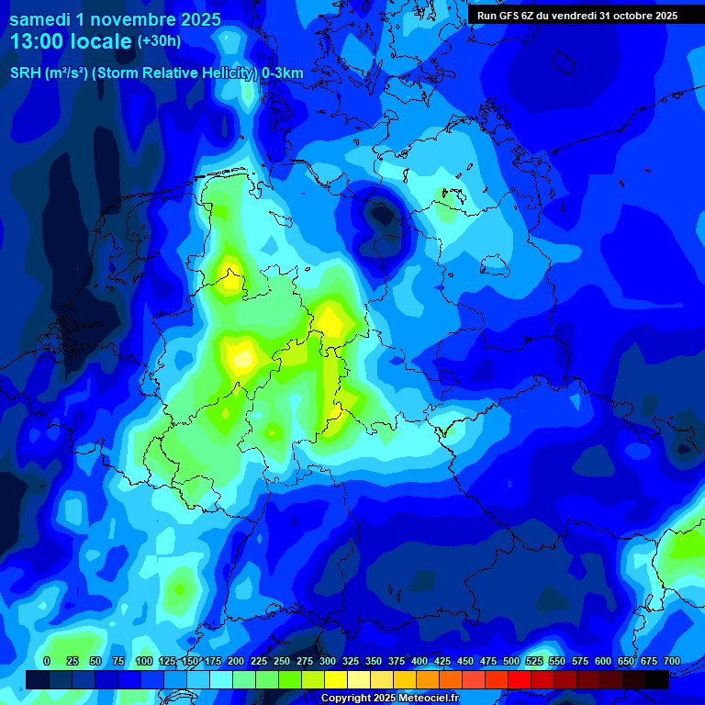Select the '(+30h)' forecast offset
pyautogui.click(x=159, y=41)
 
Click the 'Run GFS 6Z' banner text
pyautogui.click(x=507, y=16)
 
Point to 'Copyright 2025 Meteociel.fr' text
pyautogui.click(x=389, y=699)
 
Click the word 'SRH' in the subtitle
pyautogui.click(x=25, y=73)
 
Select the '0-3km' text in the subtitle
pyautogui.click(x=283, y=73)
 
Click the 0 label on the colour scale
pyautogui.click(x=47, y=662)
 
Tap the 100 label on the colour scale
pyautogui.click(x=144, y=662)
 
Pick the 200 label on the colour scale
pyautogui.click(x=236, y=662)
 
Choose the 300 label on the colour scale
pyautogui.click(x=328, y=662)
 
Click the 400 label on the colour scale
pyautogui.click(x=420, y=662)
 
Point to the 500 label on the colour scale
pyautogui.click(x=511, y=662)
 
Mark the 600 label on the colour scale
pyautogui.click(x=603, y=662)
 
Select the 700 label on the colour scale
pyautogui.click(x=672, y=662)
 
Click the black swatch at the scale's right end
pyautogui.click(x=657, y=679)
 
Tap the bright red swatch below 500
pyautogui.click(x=520, y=679)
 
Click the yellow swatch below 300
pyautogui.click(x=336, y=679)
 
